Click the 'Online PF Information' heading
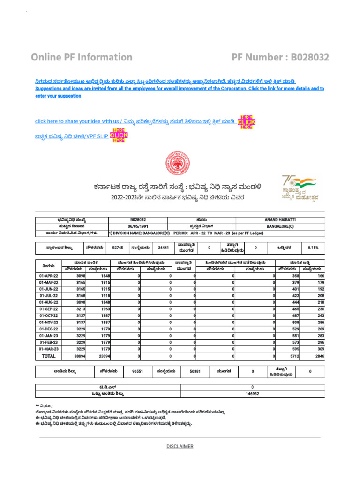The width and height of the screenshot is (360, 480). [82, 57]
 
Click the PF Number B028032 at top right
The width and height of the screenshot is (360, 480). [280, 57]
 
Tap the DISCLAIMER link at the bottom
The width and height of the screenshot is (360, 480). [180, 446]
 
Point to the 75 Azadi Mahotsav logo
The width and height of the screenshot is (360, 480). [300, 187]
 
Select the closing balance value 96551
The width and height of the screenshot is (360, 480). [137, 371]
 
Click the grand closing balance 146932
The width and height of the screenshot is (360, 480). [252, 394]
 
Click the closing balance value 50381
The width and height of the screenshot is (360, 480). [195, 371]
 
